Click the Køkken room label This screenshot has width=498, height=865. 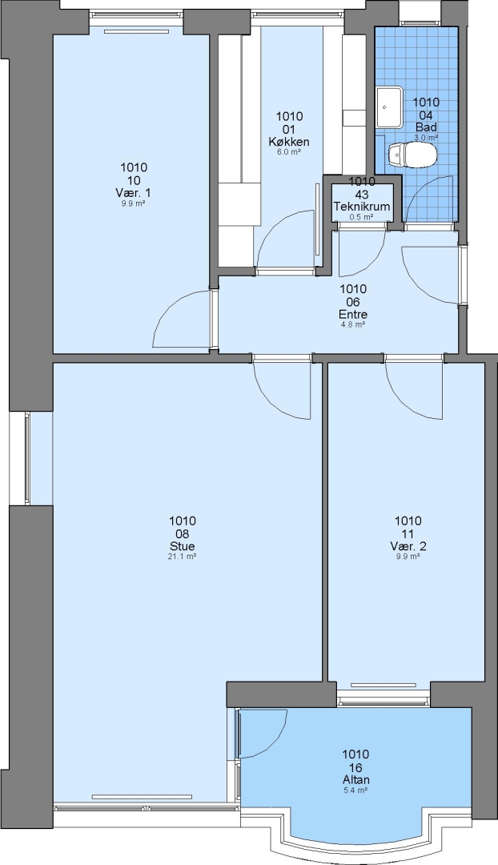click(x=288, y=142)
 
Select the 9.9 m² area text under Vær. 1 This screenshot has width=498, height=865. click(x=133, y=203)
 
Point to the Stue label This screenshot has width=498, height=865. click(x=182, y=546)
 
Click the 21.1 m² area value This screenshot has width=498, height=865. click(x=182, y=557)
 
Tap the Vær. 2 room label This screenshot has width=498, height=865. click(x=408, y=546)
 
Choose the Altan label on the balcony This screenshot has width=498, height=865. click(x=355, y=779)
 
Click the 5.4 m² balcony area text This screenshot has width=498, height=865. click(x=355, y=790)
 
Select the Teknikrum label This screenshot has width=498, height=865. click(x=362, y=207)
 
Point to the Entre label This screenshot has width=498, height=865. click(x=353, y=315)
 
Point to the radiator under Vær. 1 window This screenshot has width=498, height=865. click(x=136, y=31)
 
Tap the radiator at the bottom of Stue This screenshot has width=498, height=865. click(x=142, y=797)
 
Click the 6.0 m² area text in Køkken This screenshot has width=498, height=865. click(x=288, y=151)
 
